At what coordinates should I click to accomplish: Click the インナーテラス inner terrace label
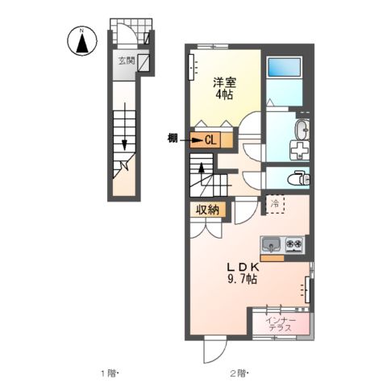(281, 323)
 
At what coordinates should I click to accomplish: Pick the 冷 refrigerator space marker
(275, 204)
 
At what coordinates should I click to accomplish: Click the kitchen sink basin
(270, 243)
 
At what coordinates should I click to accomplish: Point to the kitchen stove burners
(292, 243)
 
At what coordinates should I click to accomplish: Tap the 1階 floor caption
(109, 372)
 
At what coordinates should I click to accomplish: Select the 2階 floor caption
(238, 372)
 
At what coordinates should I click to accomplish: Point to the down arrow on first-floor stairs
(126, 144)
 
